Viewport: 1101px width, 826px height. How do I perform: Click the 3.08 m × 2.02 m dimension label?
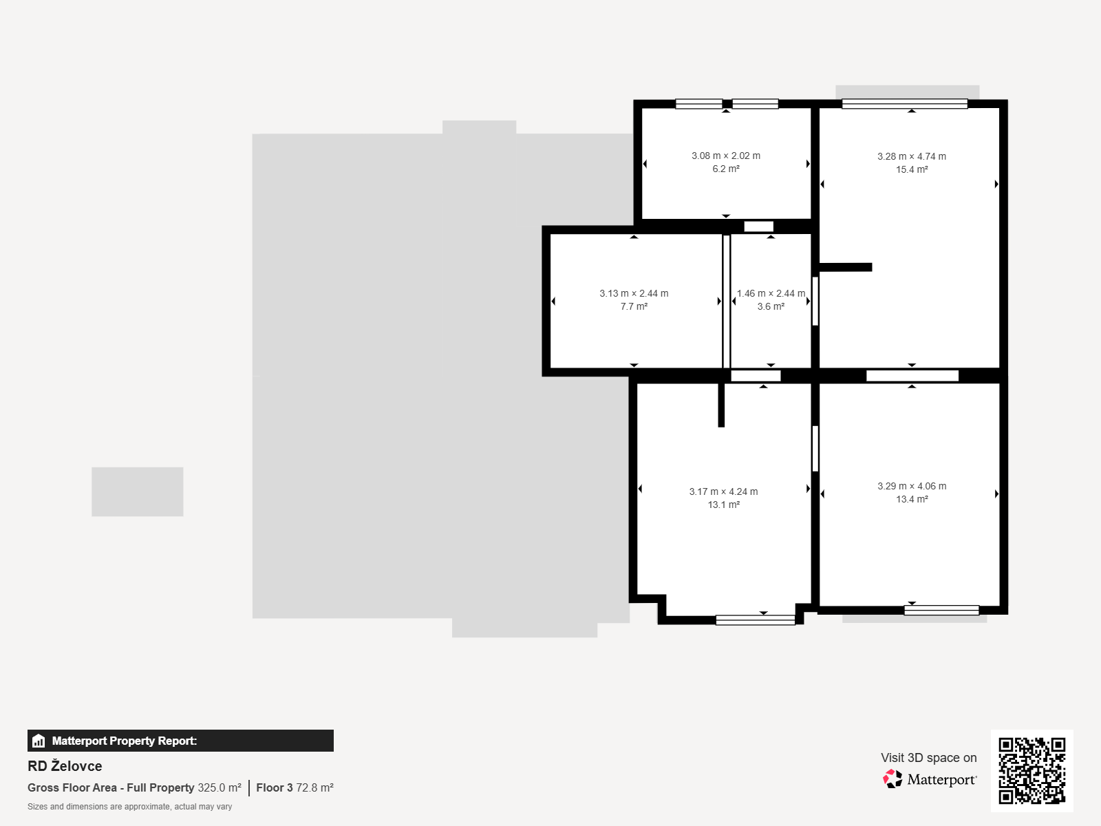726,156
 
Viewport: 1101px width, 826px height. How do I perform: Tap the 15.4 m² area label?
912,169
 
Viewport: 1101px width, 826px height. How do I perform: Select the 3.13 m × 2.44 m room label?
634,293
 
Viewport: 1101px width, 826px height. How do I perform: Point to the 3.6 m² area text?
771,306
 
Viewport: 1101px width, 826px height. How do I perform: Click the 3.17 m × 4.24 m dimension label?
723,491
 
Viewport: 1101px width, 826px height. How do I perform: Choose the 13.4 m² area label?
912,499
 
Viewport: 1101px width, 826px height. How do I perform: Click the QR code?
1031,770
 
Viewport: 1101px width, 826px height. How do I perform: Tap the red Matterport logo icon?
892,779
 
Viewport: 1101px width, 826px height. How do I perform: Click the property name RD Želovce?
65,766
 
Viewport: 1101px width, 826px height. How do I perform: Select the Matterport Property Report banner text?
125,741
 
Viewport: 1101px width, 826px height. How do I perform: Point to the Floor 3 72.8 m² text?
295,787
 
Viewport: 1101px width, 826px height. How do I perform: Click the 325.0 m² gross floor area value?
220,787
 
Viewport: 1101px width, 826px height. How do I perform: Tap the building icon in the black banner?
39,741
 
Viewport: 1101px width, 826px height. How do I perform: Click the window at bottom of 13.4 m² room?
941,610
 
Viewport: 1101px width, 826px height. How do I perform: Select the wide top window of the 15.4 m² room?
905,104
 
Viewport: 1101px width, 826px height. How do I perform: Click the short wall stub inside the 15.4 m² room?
846,267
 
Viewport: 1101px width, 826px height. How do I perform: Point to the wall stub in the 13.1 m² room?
721,405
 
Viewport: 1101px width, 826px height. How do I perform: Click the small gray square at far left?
138,491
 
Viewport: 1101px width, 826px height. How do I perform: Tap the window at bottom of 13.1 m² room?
756,620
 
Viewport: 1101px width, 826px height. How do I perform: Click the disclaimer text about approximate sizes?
129,807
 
